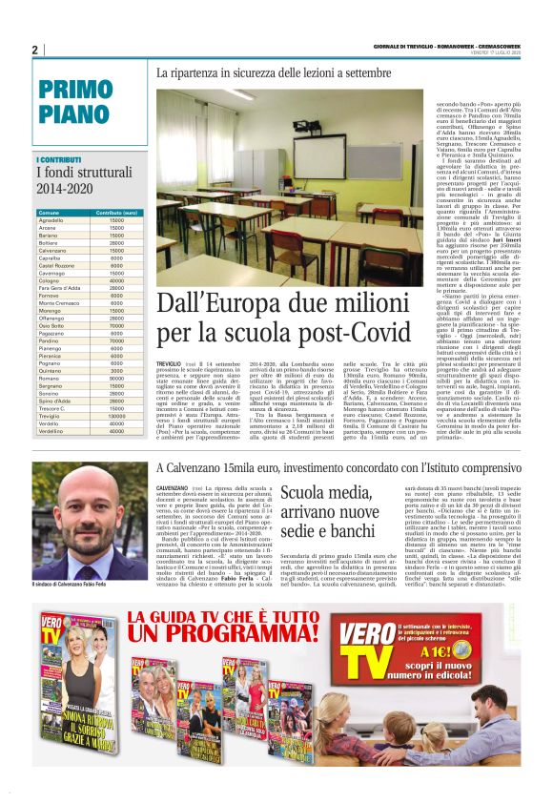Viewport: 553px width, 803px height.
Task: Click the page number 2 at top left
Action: click(34, 50)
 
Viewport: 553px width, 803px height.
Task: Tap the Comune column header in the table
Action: click(50, 212)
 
